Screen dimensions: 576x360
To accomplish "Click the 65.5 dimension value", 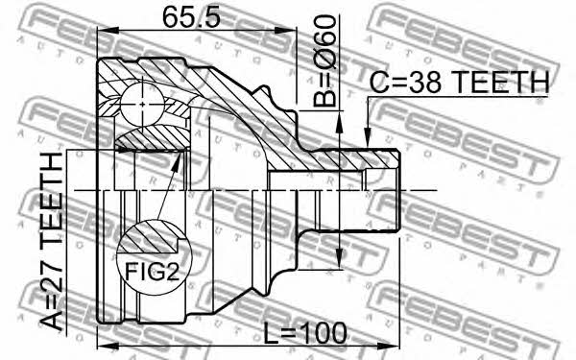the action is [191, 17].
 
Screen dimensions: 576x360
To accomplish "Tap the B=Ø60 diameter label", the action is [324, 60].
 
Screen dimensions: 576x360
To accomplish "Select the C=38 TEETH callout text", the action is [459, 82].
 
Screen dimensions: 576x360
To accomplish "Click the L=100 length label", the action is [305, 333].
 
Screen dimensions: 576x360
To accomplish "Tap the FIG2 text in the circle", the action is [152, 273].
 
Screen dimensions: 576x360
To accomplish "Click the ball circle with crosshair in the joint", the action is [142, 105].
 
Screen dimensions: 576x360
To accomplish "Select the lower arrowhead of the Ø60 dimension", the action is [339, 257].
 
